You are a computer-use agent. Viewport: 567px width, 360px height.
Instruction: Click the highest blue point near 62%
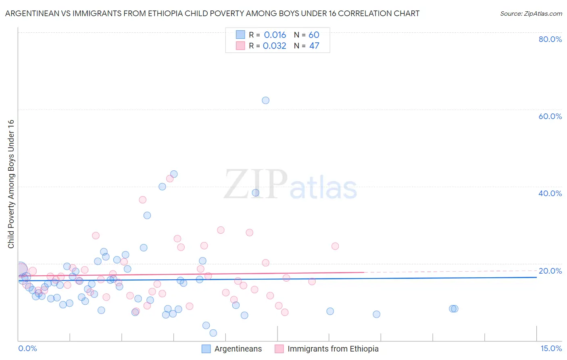(265, 100)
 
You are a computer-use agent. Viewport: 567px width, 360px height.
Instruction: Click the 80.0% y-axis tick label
(550, 39)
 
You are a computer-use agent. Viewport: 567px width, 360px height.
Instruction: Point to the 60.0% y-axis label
(550, 116)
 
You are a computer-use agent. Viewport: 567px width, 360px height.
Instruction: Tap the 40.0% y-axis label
(550, 193)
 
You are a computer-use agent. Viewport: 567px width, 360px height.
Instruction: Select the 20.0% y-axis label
(550, 271)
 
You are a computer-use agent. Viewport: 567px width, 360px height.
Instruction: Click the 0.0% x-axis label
(27, 349)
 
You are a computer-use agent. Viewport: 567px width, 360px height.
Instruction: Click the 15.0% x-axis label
(551, 349)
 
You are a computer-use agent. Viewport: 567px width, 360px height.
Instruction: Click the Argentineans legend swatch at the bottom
(206, 349)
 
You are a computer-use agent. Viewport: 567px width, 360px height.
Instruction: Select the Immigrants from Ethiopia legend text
(333, 349)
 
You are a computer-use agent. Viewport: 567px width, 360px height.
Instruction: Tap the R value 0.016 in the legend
(275, 35)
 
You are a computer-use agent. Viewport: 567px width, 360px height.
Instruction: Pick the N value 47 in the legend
(314, 46)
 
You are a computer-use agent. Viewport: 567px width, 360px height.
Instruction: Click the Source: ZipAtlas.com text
(531, 14)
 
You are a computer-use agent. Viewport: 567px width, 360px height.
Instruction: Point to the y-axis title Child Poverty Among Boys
(11, 184)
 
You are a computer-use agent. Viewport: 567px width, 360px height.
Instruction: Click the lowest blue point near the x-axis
(213, 333)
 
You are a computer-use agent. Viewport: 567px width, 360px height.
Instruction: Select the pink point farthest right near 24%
(335, 246)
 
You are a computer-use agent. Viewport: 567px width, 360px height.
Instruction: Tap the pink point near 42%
(170, 179)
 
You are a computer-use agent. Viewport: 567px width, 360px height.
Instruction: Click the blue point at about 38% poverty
(256, 193)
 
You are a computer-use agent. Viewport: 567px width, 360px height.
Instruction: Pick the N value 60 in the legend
(314, 35)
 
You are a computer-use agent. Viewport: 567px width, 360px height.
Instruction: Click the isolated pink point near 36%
(142, 200)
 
